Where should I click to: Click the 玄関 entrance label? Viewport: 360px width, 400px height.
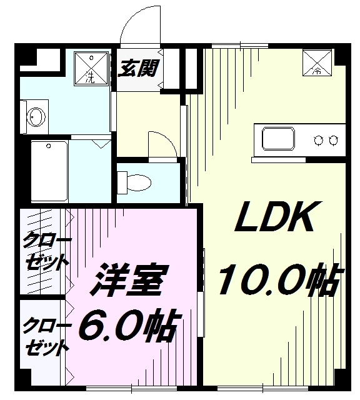tap(139, 68)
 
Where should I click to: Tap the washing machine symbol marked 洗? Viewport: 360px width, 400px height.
tap(91, 68)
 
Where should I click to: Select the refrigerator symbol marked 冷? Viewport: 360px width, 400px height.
tap(317, 62)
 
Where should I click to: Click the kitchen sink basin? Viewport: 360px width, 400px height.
tap(278, 139)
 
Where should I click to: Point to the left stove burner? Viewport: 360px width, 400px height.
tap(318, 140)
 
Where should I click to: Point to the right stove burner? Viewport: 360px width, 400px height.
tap(333, 140)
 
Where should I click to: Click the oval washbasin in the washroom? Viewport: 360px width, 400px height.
tap(36, 117)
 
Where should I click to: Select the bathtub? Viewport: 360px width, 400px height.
tap(49, 171)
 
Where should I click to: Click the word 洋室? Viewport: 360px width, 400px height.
tap(130, 279)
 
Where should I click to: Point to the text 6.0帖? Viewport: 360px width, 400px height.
tap(129, 324)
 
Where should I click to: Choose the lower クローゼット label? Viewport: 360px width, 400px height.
tap(46, 336)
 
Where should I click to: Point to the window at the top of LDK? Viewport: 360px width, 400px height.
tap(240, 46)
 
